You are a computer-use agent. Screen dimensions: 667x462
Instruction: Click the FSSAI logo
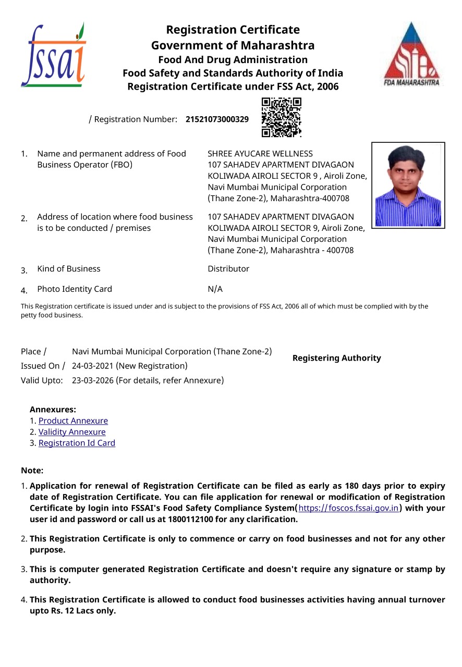[53, 56]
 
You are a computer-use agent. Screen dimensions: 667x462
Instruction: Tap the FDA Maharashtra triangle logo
[412, 54]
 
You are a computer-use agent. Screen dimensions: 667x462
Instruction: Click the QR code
[281, 118]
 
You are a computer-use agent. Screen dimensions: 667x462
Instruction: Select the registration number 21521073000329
[217, 119]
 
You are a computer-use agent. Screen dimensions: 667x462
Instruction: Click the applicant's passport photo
[408, 186]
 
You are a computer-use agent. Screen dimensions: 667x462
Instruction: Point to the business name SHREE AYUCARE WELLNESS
[260, 154]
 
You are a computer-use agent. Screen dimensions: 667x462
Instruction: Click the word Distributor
[228, 269]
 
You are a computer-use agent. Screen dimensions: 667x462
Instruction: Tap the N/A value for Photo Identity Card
[215, 289]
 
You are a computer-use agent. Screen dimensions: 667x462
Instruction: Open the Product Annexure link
[73, 421]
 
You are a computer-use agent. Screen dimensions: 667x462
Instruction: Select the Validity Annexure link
[72, 432]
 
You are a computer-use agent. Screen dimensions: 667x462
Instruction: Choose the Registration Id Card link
[77, 443]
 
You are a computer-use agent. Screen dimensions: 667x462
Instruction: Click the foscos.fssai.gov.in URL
[348, 508]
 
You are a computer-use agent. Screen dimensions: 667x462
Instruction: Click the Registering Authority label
[336, 358]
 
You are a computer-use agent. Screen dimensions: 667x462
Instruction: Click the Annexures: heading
[53, 410]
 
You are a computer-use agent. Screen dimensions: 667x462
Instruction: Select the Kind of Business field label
[68, 269]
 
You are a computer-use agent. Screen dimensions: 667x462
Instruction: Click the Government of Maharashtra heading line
[233, 45]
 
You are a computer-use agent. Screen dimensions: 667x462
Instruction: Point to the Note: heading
[32, 471]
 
